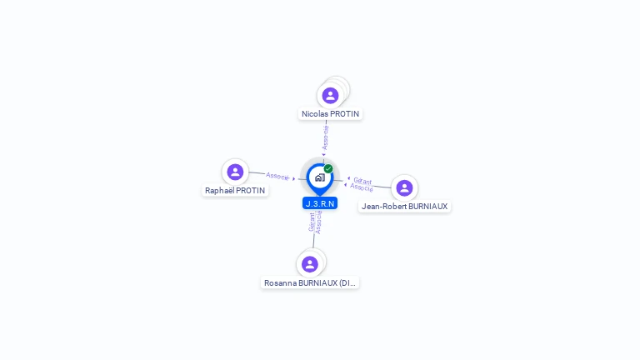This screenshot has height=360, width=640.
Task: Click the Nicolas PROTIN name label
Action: tap(330, 113)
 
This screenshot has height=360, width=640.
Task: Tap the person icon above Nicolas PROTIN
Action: tap(330, 95)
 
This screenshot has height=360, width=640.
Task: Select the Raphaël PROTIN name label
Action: tap(235, 190)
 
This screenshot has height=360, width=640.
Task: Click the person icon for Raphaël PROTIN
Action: tap(235, 172)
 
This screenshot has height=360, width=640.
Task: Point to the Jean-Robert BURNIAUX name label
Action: tap(404, 206)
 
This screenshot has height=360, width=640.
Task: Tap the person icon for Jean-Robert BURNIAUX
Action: tap(404, 187)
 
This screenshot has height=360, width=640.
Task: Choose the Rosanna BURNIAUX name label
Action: tap(310, 282)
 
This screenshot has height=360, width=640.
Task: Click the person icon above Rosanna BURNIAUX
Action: tap(310, 264)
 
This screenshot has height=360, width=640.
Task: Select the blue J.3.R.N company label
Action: tap(320, 203)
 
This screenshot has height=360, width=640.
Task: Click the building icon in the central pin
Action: tap(319, 177)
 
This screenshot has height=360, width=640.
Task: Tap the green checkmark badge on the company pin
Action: tap(328, 168)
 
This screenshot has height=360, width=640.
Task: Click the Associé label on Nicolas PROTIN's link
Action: tap(326, 137)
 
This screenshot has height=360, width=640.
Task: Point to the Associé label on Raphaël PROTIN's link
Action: tap(277, 176)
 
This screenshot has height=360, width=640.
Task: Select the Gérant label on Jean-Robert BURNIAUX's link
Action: tap(362, 180)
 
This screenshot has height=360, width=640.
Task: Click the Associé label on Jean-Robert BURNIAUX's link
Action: tap(362, 187)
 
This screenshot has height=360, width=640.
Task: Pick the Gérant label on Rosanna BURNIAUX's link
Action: tap(312, 222)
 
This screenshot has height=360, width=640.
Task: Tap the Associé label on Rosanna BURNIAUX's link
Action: tap(318, 222)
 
